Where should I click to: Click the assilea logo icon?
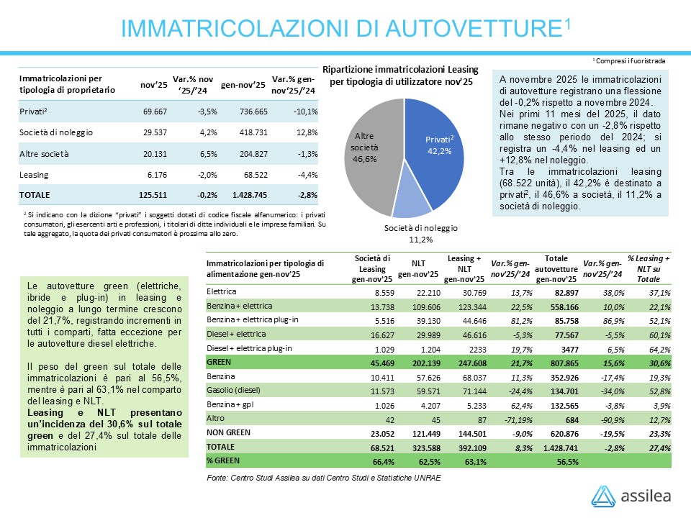(x=603, y=496)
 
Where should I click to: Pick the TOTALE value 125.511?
(x=152, y=194)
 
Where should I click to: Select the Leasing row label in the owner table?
(x=33, y=173)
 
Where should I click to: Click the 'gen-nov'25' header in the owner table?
(x=243, y=85)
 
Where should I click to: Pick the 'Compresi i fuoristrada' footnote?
(x=629, y=61)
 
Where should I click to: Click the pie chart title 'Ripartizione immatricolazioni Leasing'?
(x=401, y=70)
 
